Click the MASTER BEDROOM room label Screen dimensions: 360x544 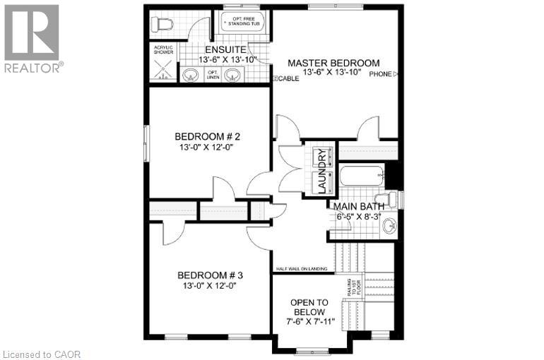(333, 63)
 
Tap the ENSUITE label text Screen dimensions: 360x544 (225, 50)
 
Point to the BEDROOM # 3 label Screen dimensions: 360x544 (211, 275)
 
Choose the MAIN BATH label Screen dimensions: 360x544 (364, 206)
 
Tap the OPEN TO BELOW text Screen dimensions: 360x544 (308, 308)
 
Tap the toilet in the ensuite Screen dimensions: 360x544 (162, 24)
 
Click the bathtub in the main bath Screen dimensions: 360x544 (360, 174)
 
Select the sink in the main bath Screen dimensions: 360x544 (388, 227)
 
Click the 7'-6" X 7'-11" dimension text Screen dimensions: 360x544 (308, 321)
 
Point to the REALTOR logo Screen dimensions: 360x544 (32, 39)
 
